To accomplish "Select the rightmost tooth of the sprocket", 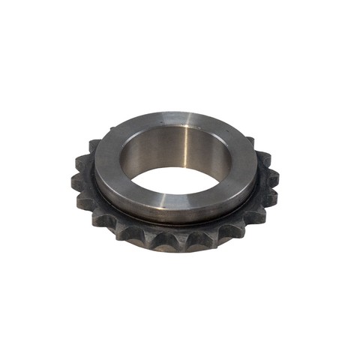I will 273,178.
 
